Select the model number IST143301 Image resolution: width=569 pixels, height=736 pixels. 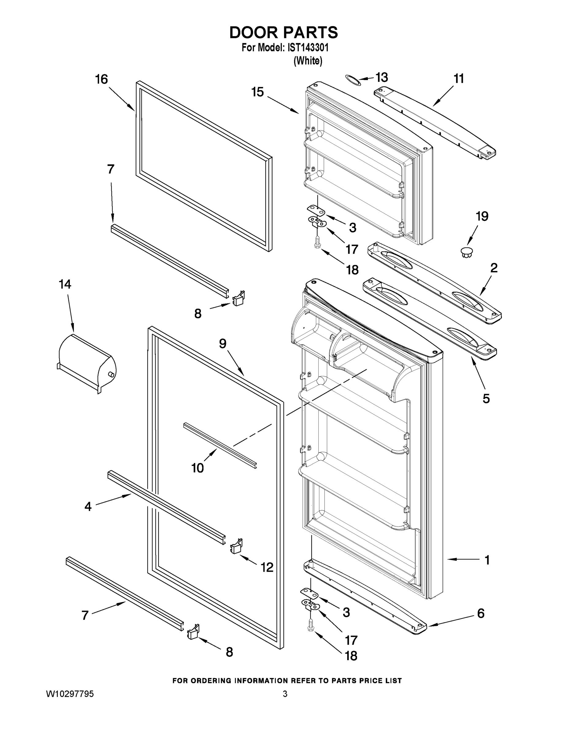(307, 48)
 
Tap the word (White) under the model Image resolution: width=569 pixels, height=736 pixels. (308, 61)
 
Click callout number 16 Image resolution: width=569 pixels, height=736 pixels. (101, 79)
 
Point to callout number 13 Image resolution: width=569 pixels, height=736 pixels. (382, 78)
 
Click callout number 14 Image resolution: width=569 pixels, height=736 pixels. (65, 284)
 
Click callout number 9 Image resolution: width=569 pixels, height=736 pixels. (223, 343)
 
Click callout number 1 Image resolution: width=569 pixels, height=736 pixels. (487, 560)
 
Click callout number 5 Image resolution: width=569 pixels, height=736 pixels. (486, 399)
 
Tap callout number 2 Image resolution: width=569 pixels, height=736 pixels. (494, 268)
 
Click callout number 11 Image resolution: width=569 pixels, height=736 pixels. (459, 79)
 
